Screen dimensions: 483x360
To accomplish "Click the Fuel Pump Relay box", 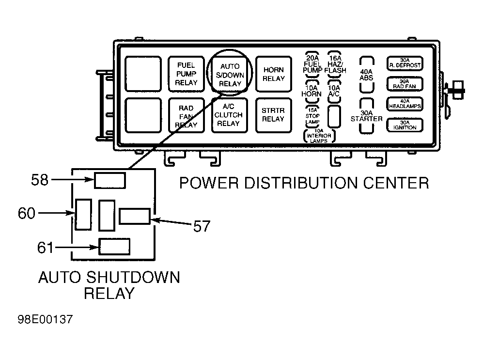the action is [186, 74].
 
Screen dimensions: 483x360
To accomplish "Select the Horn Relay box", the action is [274, 74].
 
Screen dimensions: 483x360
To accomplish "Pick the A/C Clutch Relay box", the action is [230, 115].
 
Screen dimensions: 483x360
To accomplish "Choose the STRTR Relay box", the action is [274, 115].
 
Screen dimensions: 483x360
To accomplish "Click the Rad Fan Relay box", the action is [186, 115].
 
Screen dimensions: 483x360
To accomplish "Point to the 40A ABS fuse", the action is [367, 75].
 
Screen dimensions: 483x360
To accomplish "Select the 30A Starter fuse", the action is [367, 116].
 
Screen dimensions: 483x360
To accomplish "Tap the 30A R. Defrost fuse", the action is [405, 63].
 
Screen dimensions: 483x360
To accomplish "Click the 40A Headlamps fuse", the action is [405, 104].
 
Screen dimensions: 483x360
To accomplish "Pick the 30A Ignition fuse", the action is [405, 125].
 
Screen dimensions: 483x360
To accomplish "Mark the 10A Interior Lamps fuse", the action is [319, 136].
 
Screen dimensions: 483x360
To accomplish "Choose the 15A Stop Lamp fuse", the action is [312, 116].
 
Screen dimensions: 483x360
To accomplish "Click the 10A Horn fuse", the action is [312, 91].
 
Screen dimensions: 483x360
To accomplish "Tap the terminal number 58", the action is [40, 180].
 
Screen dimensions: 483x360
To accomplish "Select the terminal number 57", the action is [202, 226].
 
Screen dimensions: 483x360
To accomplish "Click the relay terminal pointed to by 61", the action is [114, 247].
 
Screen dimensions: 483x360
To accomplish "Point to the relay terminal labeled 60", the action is [83, 214].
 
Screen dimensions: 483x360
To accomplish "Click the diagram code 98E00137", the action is [45, 319].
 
